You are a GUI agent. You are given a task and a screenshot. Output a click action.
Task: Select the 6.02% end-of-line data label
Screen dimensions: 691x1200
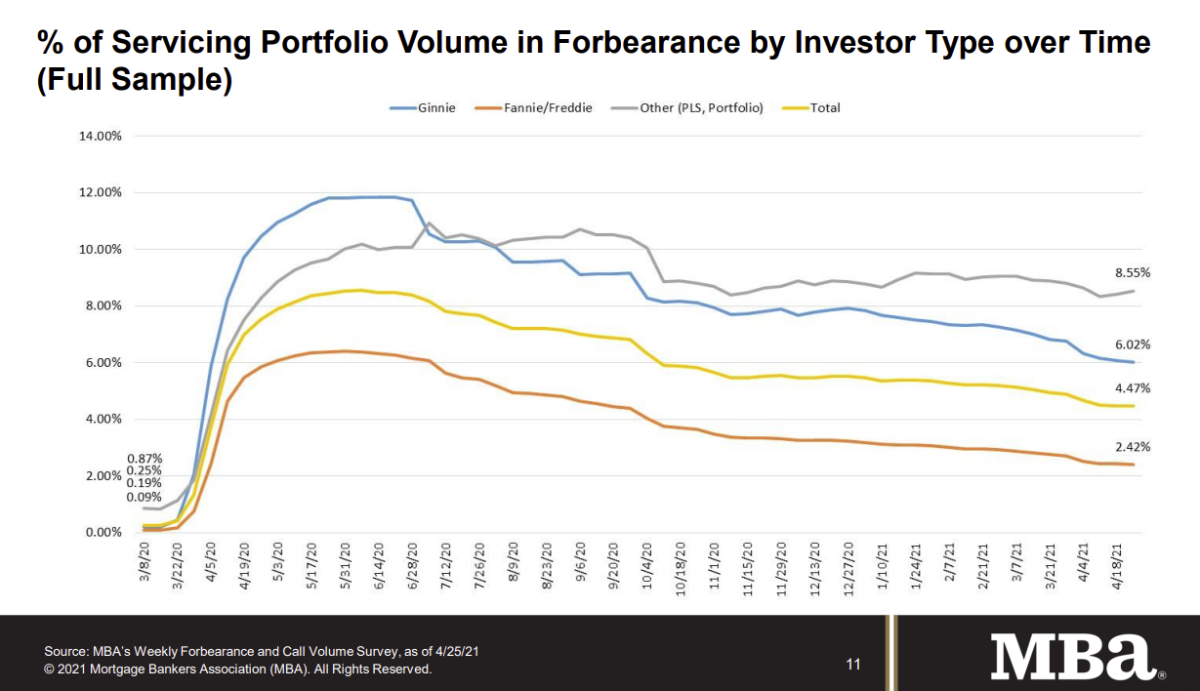pyautogui.click(x=1133, y=345)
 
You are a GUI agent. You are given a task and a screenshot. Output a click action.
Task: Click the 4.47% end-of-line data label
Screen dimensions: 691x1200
pyautogui.click(x=1133, y=388)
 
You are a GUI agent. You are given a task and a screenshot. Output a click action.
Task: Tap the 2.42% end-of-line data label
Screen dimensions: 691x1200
pyautogui.click(x=1133, y=447)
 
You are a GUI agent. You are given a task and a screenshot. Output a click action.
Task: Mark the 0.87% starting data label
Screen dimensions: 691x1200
pyautogui.click(x=145, y=459)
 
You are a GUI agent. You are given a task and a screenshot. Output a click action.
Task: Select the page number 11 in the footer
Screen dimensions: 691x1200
pyautogui.click(x=853, y=665)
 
